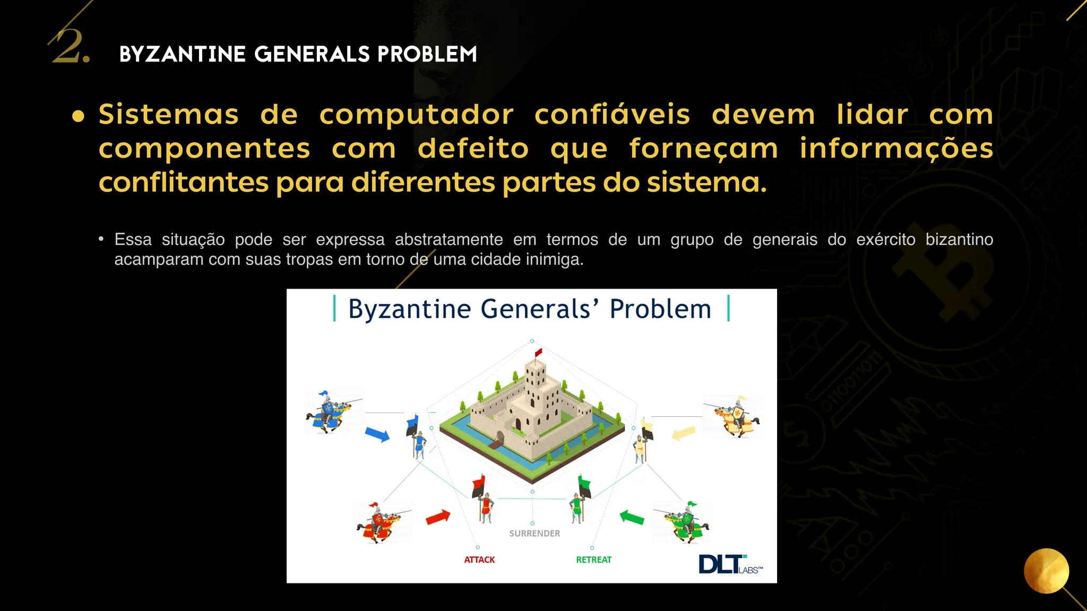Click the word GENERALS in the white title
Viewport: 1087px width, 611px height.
click(312, 54)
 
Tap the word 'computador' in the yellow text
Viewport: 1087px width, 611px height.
click(416, 115)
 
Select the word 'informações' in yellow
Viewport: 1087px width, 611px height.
click(896, 149)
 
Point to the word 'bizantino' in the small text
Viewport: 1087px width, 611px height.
click(959, 240)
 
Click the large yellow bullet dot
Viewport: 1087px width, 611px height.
click(79, 116)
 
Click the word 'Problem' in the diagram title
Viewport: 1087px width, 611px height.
click(660, 309)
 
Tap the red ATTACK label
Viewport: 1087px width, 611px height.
click(479, 560)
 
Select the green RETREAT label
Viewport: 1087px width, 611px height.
click(593, 560)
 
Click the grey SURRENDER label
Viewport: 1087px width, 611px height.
click(534, 534)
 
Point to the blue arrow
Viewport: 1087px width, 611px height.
click(377, 434)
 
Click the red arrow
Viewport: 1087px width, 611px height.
click(438, 517)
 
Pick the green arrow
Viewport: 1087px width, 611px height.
click(632, 517)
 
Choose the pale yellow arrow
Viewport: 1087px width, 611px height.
click(684, 433)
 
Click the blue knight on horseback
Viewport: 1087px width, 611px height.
click(330, 413)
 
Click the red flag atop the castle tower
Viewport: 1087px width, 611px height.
click(538, 352)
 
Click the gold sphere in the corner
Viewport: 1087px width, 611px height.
click(1046, 571)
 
